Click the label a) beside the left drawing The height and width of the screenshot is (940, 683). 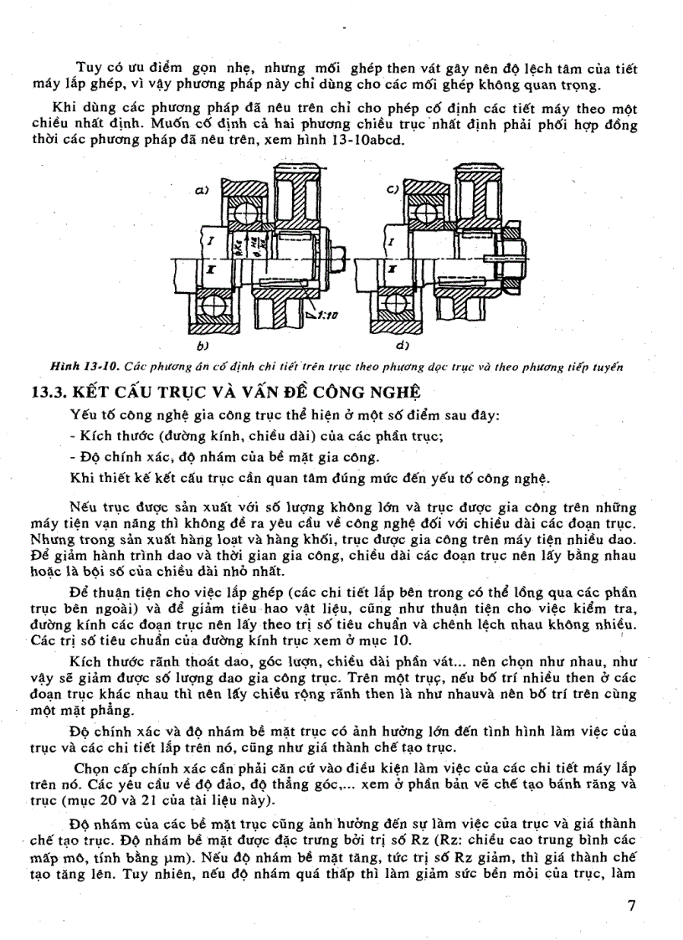coord(202,191)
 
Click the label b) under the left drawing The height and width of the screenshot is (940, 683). coord(202,344)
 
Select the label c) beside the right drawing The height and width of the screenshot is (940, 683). coord(392,190)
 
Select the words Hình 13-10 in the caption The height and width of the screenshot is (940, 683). coord(80,366)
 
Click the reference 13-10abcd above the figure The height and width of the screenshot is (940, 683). coord(372,140)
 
